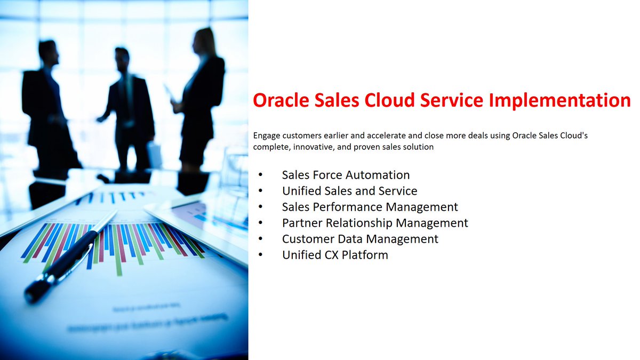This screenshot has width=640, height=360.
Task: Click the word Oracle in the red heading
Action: (282, 100)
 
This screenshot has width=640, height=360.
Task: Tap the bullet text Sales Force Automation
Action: (346, 175)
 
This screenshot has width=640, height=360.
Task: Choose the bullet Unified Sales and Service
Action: (349, 191)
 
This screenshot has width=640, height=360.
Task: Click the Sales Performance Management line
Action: (370, 207)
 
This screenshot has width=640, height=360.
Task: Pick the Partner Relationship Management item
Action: (375, 223)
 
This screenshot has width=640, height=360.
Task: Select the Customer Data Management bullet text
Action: (360, 239)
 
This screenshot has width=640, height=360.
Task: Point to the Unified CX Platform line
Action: (335, 255)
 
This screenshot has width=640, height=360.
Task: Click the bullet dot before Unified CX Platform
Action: (260, 255)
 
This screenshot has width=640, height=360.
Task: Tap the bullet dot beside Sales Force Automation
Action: (260, 175)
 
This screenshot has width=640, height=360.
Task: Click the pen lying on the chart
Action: (69, 256)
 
